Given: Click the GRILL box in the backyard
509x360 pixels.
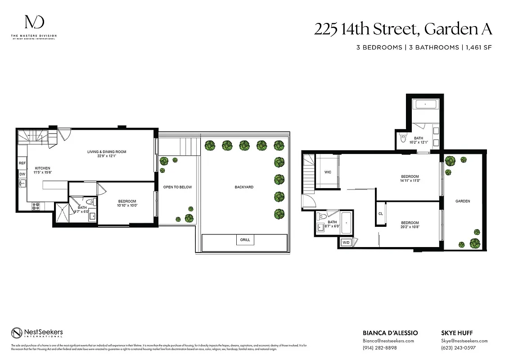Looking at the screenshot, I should click(245, 240).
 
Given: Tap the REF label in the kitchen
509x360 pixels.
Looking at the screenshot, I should click(22, 163).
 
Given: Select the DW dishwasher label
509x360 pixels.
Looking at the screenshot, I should click(22, 174).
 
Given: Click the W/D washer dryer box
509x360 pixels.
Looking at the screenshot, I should click(346, 243).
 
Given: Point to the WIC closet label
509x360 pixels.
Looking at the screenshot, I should click(328, 172).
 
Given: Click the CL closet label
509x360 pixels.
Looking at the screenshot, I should click(381, 214).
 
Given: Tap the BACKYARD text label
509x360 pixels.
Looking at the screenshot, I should click(244, 187).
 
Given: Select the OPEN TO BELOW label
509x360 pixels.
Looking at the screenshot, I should click(177, 187).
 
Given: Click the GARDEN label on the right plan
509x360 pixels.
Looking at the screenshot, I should click(462, 201).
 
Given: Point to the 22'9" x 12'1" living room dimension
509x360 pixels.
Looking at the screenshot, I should click(107, 157).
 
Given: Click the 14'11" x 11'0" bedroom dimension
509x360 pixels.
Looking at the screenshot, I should click(410, 181).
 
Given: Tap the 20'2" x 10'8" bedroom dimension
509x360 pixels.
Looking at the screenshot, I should click(410, 227).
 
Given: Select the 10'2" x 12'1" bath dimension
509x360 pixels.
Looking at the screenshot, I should click(419, 142).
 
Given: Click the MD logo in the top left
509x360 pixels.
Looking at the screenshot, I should click(34, 23).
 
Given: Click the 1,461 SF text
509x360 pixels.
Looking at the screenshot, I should click(477, 47).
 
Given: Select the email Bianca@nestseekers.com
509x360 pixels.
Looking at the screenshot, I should click(388, 341).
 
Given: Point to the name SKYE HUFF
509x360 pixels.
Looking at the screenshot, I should click(456, 333).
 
